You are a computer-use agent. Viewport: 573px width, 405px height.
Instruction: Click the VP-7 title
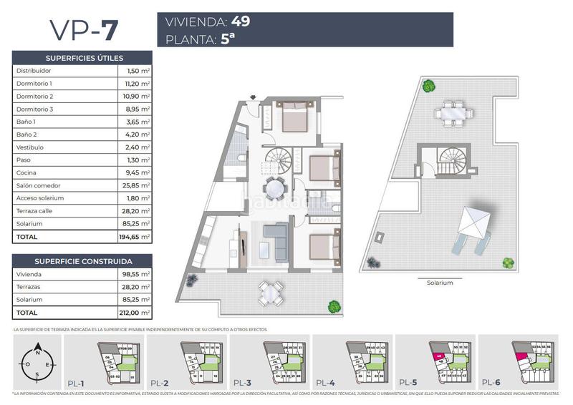pyautogui.click(x=83, y=30)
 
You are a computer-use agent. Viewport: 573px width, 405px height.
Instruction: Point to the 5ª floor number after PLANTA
pyautogui.click(x=228, y=39)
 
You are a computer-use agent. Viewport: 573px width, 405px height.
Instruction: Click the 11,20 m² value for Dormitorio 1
pyautogui.click(x=135, y=83)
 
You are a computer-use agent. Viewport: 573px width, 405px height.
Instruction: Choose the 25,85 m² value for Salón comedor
pyautogui.click(x=135, y=185)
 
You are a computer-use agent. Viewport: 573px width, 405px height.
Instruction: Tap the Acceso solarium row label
pyautogui.click(x=40, y=198)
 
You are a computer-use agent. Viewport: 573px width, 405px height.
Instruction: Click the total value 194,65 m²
pyautogui.click(x=135, y=236)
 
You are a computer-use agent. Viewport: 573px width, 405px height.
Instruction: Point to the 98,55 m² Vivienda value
pyautogui.click(x=135, y=274)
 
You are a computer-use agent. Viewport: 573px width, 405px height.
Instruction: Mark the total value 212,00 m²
pyautogui.click(x=135, y=312)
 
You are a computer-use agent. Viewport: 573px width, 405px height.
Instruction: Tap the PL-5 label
pyautogui.click(x=410, y=381)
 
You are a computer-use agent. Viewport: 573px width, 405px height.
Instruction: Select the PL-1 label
pyautogui.click(x=77, y=381)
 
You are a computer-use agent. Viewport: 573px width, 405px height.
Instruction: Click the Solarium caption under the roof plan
pyautogui.click(x=440, y=283)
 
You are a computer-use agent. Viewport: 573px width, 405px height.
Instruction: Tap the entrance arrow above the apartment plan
pyautogui.click(x=252, y=97)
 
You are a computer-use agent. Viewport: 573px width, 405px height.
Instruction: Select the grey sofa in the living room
pyautogui.click(x=275, y=233)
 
